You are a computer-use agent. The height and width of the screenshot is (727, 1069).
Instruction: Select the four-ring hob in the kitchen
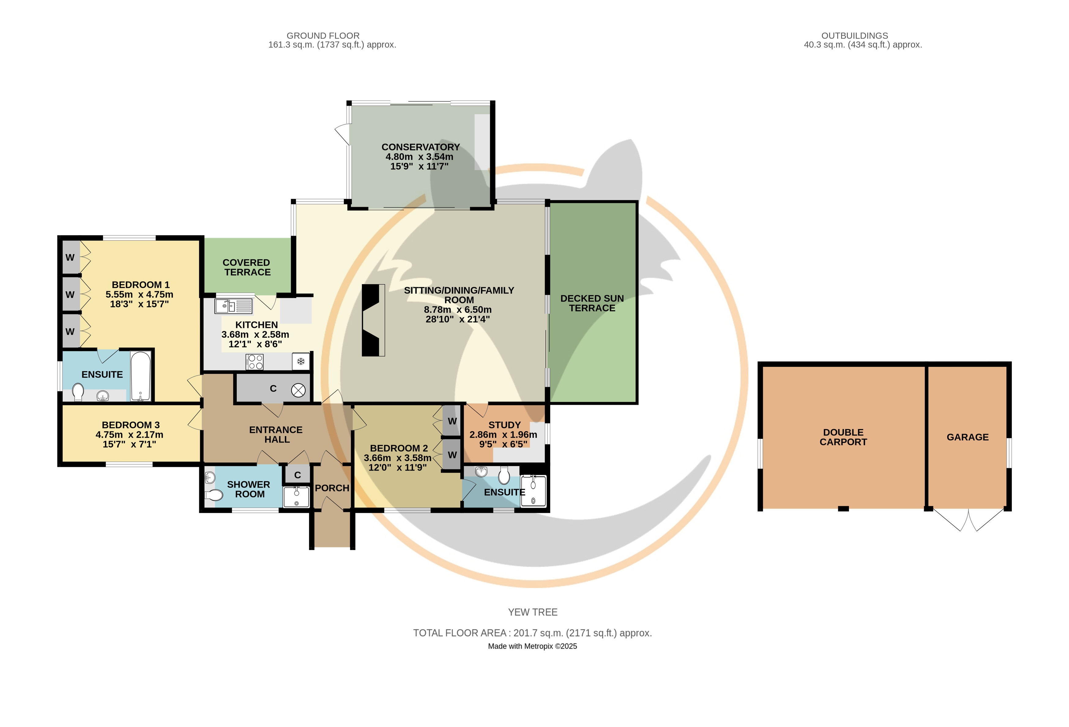click(254, 362)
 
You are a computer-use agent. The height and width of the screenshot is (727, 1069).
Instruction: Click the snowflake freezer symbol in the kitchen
click(301, 362)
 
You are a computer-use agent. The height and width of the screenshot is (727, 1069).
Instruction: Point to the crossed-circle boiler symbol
click(298, 391)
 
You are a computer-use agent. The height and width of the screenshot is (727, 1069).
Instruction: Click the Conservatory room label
click(420, 147)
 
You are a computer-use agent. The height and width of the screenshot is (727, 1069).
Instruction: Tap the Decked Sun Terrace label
click(592, 303)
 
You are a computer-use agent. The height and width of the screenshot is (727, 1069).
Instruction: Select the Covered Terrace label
click(247, 267)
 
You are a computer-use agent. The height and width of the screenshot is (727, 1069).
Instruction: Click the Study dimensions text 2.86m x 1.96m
click(503, 435)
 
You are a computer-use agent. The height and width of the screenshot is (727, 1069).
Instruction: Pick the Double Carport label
click(843, 437)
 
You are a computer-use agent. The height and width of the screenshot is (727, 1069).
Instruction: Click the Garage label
click(967, 437)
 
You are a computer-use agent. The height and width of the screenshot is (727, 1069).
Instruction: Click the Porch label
click(332, 488)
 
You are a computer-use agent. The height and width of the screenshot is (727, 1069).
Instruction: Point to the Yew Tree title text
click(533, 612)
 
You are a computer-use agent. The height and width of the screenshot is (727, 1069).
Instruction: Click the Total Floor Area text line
click(532, 633)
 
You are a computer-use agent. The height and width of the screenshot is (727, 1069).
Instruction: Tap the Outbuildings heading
click(855, 35)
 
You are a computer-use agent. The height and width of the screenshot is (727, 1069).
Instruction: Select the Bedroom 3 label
click(131, 425)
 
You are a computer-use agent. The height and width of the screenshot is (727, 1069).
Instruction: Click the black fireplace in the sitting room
click(373, 320)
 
